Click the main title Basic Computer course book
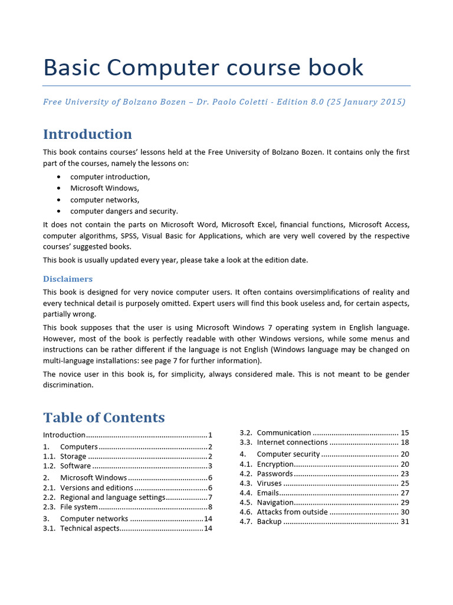coord(203,67)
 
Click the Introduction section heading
coord(87,134)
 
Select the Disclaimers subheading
coord(68,279)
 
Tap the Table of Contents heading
coord(104,418)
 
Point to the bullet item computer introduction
coord(110,177)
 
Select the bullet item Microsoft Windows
coord(104,188)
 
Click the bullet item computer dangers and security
coord(124,211)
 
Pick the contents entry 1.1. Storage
coord(73,457)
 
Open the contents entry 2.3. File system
coord(79,507)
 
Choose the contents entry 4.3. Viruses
coord(270,483)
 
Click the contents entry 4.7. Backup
coord(270,522)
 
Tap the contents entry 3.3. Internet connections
coord(292,443)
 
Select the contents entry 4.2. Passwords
coord(274,474)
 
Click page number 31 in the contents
coord(405,522)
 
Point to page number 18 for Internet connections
coord(405,443)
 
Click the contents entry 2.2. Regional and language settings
coord(113,497)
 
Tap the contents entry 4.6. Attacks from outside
coord(292,512)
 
